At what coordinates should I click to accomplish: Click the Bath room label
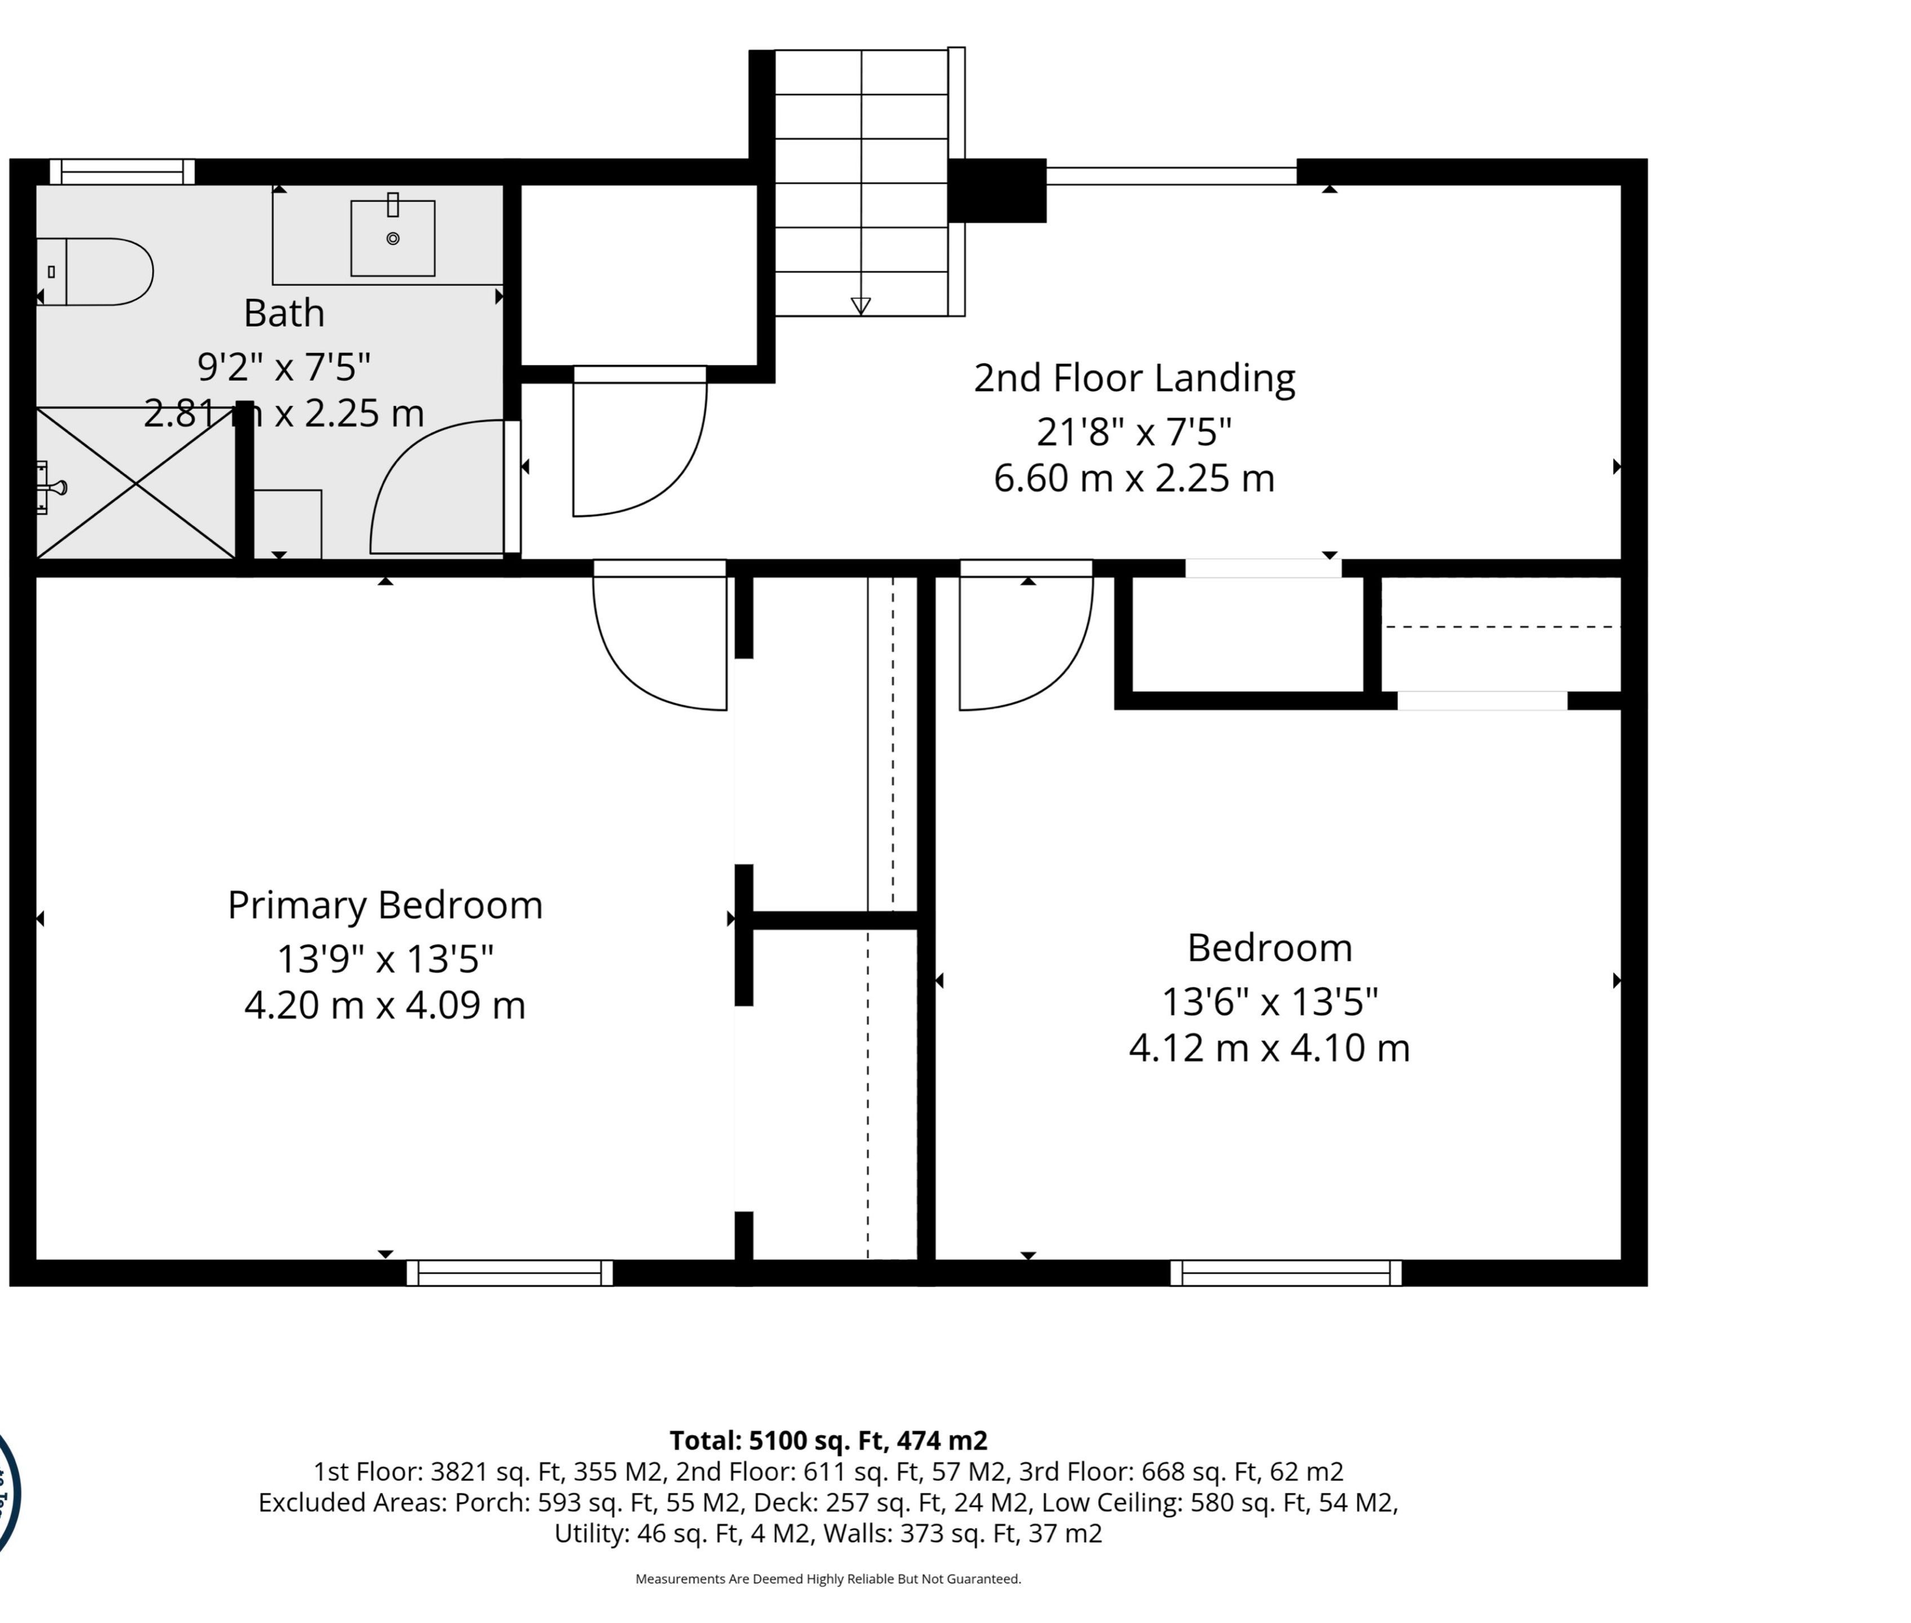tap(284, 313)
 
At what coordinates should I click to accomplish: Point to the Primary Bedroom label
tap(384, 905)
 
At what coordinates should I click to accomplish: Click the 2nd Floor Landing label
tap(1134, 378)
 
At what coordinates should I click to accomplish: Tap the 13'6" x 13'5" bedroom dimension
tap(1269, 1001)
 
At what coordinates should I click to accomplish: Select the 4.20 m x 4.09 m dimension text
tap(384, 1005)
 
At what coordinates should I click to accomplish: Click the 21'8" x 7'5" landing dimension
tap(1134, 431)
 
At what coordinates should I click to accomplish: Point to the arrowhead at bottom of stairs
tap(860, 306)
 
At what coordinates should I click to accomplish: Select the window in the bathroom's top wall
tap(122, 172)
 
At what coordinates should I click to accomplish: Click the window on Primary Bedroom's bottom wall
tap(510, 1272)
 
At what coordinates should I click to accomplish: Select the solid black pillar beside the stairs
tap(997, 191)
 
